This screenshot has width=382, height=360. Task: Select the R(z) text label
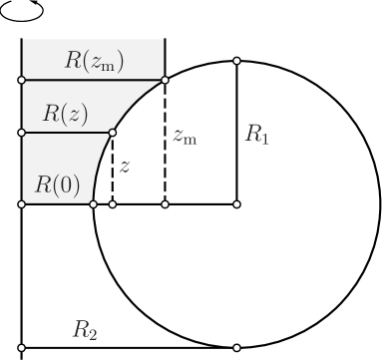click(64, 113)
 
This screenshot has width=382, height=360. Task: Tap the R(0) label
click(57, 184)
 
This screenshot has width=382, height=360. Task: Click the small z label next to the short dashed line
click(125, 169)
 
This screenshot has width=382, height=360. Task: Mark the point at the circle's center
click(236, 203)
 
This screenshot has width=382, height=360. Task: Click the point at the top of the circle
click(236, 61)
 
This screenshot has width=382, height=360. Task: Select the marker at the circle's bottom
click(236, 347)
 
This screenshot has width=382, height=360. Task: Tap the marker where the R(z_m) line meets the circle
click(165, 80)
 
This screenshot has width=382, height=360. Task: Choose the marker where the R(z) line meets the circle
click(113, 132)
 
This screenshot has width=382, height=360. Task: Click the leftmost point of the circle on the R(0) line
click(94, 203)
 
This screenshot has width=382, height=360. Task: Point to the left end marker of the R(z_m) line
click(21, 80)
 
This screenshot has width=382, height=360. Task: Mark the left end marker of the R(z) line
click(21, 132)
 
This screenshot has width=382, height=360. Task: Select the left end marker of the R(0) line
click(21, 203)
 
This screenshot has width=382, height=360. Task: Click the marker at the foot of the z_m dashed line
click(165, 203)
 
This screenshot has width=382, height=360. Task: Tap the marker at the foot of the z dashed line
click(113, 203)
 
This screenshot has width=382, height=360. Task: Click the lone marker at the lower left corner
click(21, 347)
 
